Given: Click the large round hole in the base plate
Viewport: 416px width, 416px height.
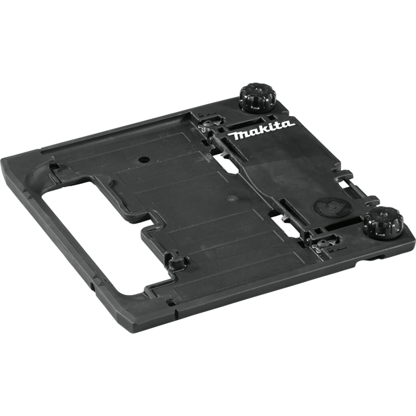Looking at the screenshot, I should pyautogui.click(x=142, y=158).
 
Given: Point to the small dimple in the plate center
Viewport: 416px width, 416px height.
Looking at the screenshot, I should pyautogui.click(x=231, y=198).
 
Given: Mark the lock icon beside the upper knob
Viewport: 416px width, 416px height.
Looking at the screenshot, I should pyautogui.click(x=202, y=114).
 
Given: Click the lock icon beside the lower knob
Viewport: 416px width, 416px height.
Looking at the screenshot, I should pyautogui.click(x=331, y=249).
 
